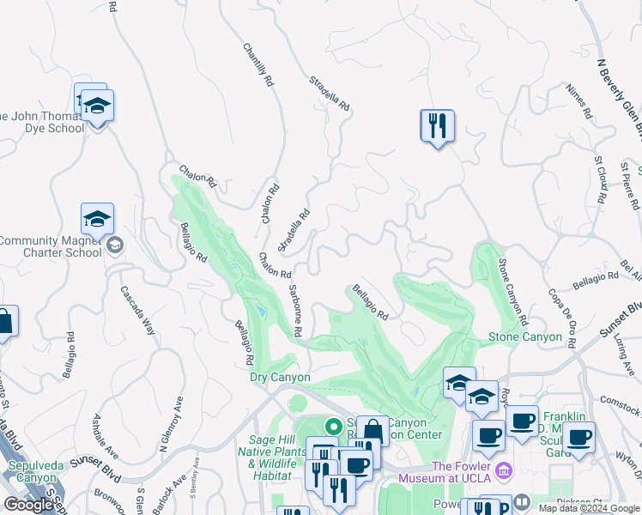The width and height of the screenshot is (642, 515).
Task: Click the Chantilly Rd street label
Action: click(x=257, y=65)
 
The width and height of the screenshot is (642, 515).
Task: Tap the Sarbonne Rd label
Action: click(x=294, y=310)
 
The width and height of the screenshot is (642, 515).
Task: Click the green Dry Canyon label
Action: click(x=279, y=377)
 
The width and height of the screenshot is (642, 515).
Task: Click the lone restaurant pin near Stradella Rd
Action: click(x=437, y=126)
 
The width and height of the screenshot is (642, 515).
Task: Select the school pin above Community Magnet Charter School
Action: click(x=97, y=220)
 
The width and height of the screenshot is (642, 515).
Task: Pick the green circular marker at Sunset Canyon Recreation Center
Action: click(x=333, y=425)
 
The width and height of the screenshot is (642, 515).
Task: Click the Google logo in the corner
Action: click(x=29, y=505)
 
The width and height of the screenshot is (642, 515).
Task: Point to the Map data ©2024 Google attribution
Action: click(x=588, y=508)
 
